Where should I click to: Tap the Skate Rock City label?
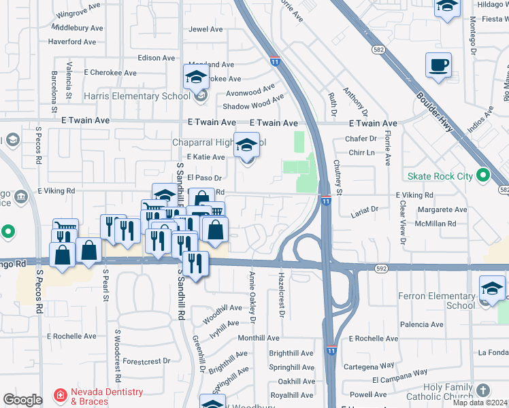coord(440,176)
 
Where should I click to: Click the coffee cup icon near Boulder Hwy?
coord(438,66)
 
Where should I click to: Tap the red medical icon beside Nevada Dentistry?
coord(60,395)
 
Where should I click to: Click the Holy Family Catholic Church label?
coord(438,391)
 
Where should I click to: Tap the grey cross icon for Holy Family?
coord(483,390)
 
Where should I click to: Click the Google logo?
coord(22,400)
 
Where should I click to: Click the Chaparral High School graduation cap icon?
coord(246,146)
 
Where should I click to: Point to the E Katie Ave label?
coord(206,157)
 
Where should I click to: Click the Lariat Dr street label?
coord(364,211)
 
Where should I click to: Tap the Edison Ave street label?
coord(157,58)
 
